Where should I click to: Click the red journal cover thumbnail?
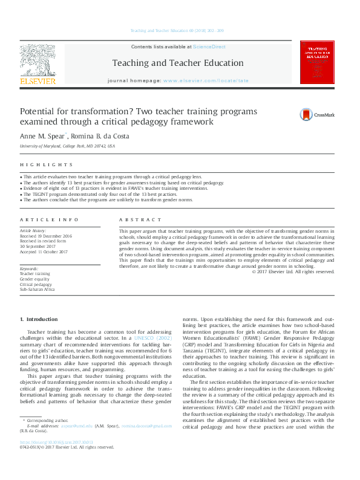click(317, 62)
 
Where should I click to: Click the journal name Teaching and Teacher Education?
click(177, 63)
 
